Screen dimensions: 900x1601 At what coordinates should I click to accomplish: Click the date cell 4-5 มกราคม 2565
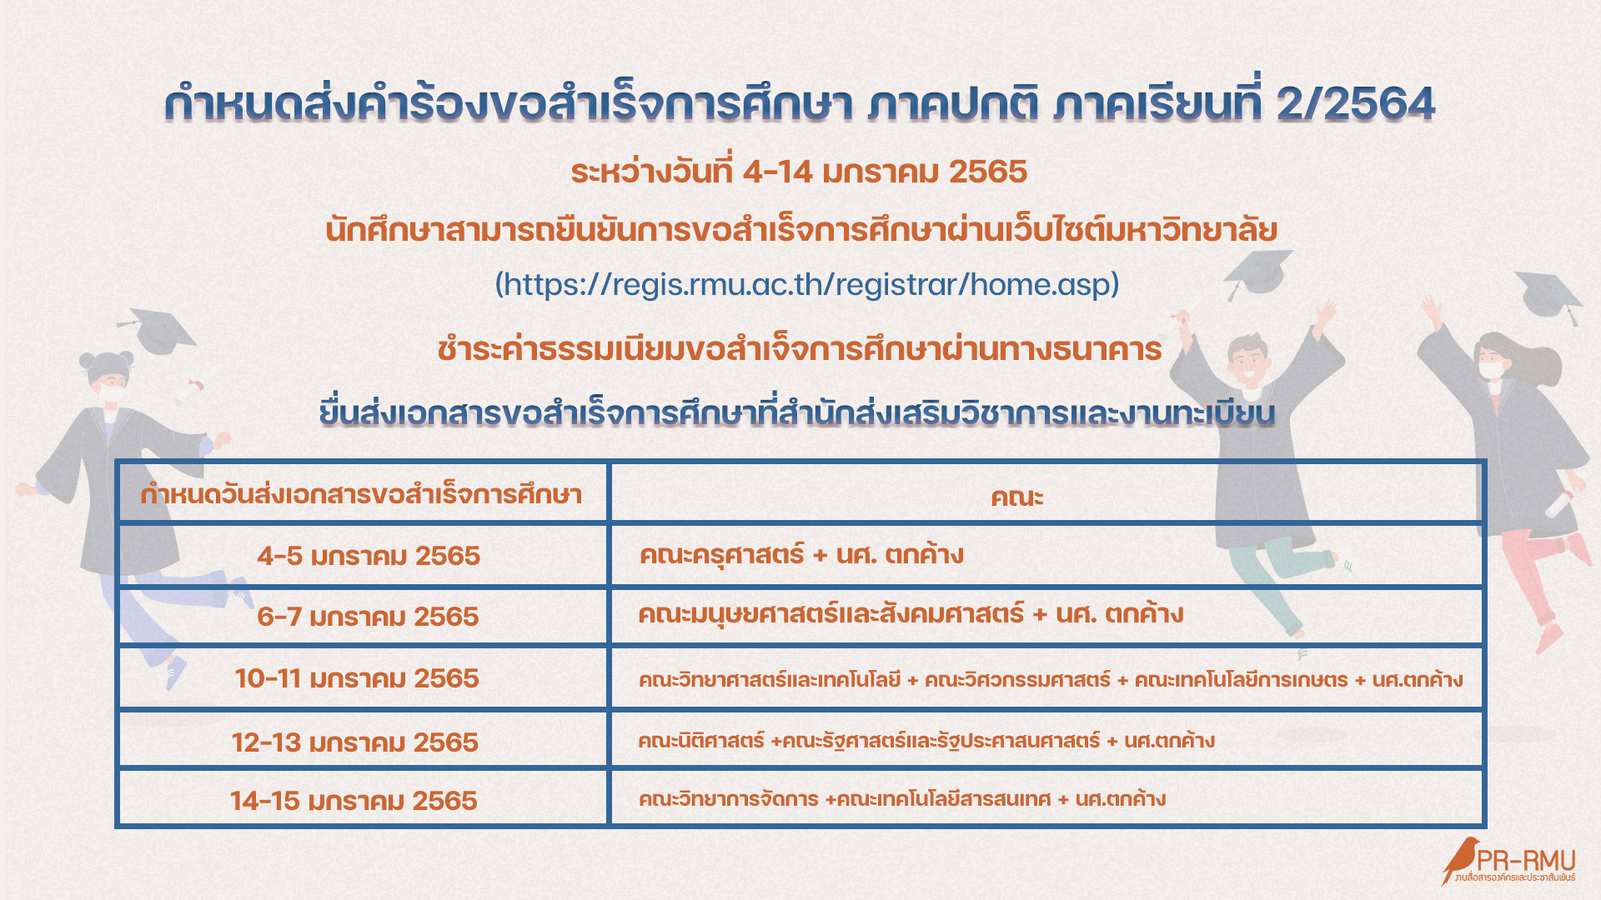[368, 556]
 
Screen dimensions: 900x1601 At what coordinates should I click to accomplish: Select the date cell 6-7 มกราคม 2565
[368, 617]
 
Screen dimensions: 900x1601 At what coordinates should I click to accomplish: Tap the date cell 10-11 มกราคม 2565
[357, 678]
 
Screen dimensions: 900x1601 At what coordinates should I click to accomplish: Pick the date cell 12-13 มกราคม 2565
[355, 742]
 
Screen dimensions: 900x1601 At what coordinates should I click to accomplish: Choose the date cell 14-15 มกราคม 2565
[354, 801]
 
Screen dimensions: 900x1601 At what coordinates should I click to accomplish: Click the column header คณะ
[1016, 497]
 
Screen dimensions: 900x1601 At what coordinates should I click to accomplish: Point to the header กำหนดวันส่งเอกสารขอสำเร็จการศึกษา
[361, 495]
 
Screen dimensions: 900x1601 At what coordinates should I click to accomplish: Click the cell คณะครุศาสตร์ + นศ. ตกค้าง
[801, 555]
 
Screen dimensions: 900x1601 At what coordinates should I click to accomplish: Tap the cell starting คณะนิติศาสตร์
[926, 741]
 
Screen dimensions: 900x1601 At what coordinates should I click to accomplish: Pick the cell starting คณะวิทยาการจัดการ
[901, 800]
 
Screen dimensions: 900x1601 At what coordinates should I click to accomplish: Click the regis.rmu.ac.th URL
[807, 285]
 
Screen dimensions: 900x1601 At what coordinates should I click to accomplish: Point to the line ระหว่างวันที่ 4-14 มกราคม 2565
[799, 172]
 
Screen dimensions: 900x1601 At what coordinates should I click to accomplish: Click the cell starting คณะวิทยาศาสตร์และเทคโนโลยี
[1050, 680]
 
